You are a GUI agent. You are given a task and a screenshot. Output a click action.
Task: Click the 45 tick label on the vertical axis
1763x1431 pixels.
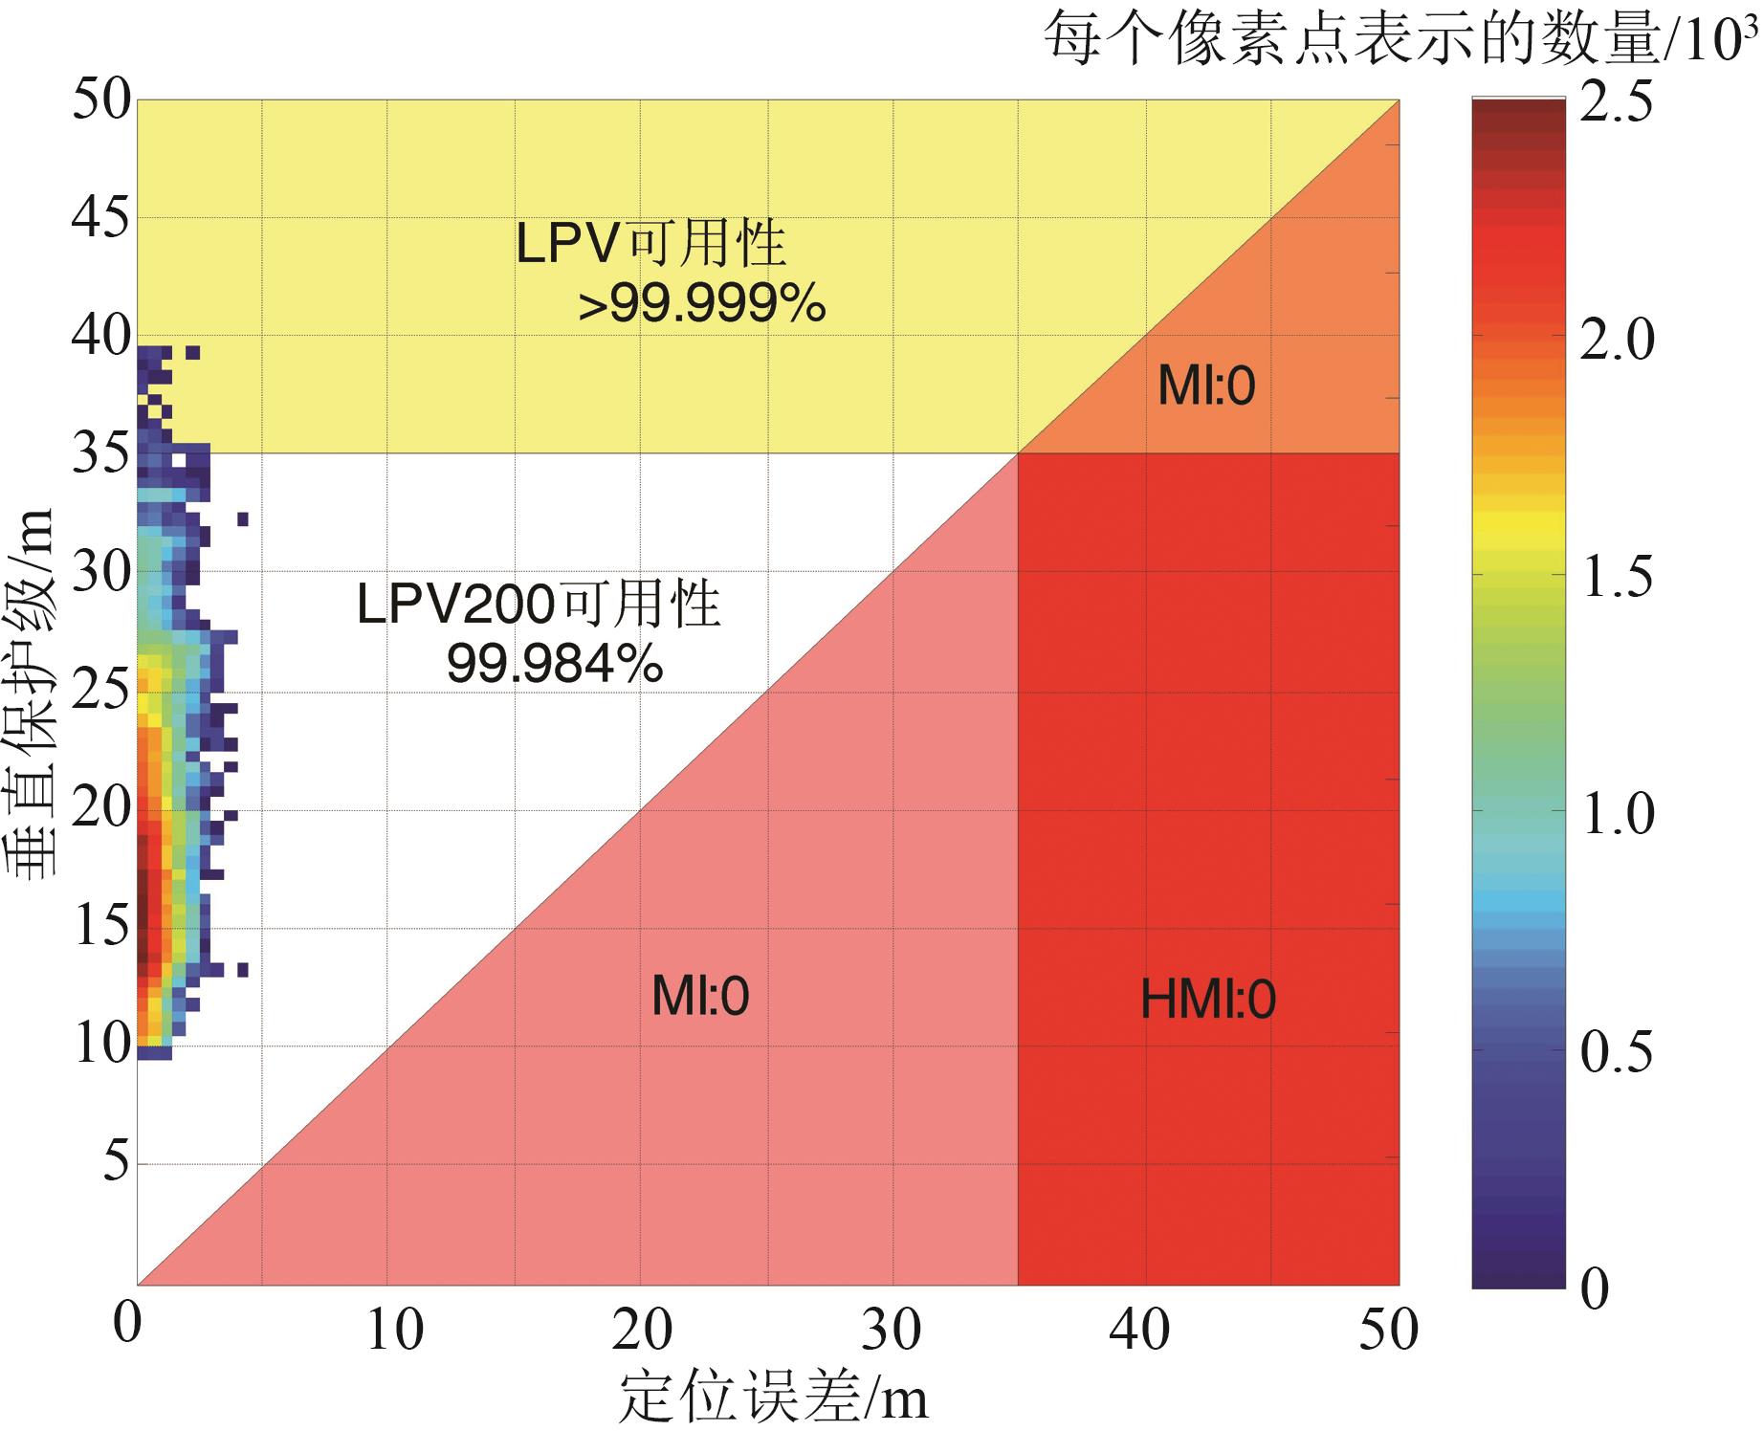[100, 218]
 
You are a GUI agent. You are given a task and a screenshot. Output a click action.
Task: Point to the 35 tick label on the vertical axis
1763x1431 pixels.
[100, 454]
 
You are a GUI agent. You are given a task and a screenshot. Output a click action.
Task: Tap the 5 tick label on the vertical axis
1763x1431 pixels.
[115, 1162]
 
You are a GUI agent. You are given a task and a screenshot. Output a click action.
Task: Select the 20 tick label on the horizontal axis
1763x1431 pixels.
[642, 1330]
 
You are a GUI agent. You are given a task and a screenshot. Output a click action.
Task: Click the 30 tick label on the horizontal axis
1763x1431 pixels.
[891, 1330]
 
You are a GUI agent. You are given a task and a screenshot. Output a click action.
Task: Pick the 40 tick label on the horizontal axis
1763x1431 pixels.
[1139, 1330]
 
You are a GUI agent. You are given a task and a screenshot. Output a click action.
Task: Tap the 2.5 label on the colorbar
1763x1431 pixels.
[1616, 101]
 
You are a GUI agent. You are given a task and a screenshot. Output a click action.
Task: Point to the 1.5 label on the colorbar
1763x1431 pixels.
[1616, 577]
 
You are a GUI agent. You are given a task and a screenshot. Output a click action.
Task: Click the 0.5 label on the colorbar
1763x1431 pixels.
[1616, 1051]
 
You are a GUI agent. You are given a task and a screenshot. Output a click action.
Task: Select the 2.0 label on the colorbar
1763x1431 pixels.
[1616, 340]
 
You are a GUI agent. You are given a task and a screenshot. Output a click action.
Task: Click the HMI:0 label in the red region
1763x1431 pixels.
[1208, 1001]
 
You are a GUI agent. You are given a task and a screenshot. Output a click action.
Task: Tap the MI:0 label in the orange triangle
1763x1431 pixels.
[1206, 386]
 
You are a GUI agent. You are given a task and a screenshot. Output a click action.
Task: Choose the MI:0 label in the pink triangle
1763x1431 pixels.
[700, 997]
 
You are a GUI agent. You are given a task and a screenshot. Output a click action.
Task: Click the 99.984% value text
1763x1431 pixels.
[555, 663]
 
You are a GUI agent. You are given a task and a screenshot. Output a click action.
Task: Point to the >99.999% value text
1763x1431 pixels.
[702, 306]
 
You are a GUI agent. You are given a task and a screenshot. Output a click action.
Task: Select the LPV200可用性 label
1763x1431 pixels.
[539, 605]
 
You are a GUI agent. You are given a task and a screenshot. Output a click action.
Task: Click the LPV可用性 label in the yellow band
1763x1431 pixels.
[650, 243]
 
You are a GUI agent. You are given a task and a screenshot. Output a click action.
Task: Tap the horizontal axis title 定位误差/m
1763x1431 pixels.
[773, 1399]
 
